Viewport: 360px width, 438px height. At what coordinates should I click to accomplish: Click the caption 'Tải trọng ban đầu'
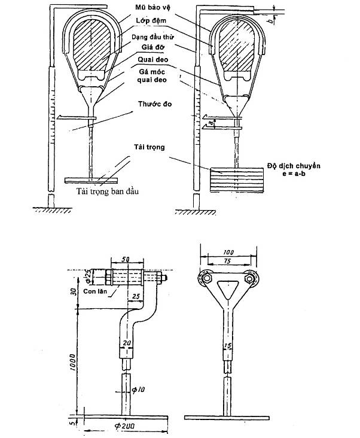[112, 193]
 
